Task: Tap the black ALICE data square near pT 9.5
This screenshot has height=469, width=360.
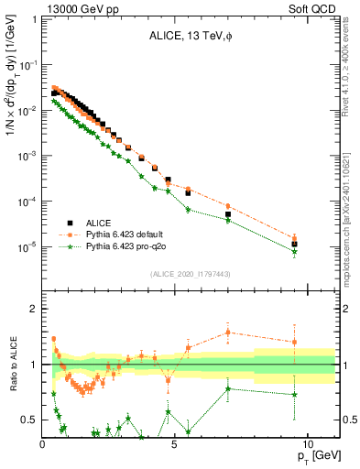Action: click(294, 245)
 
